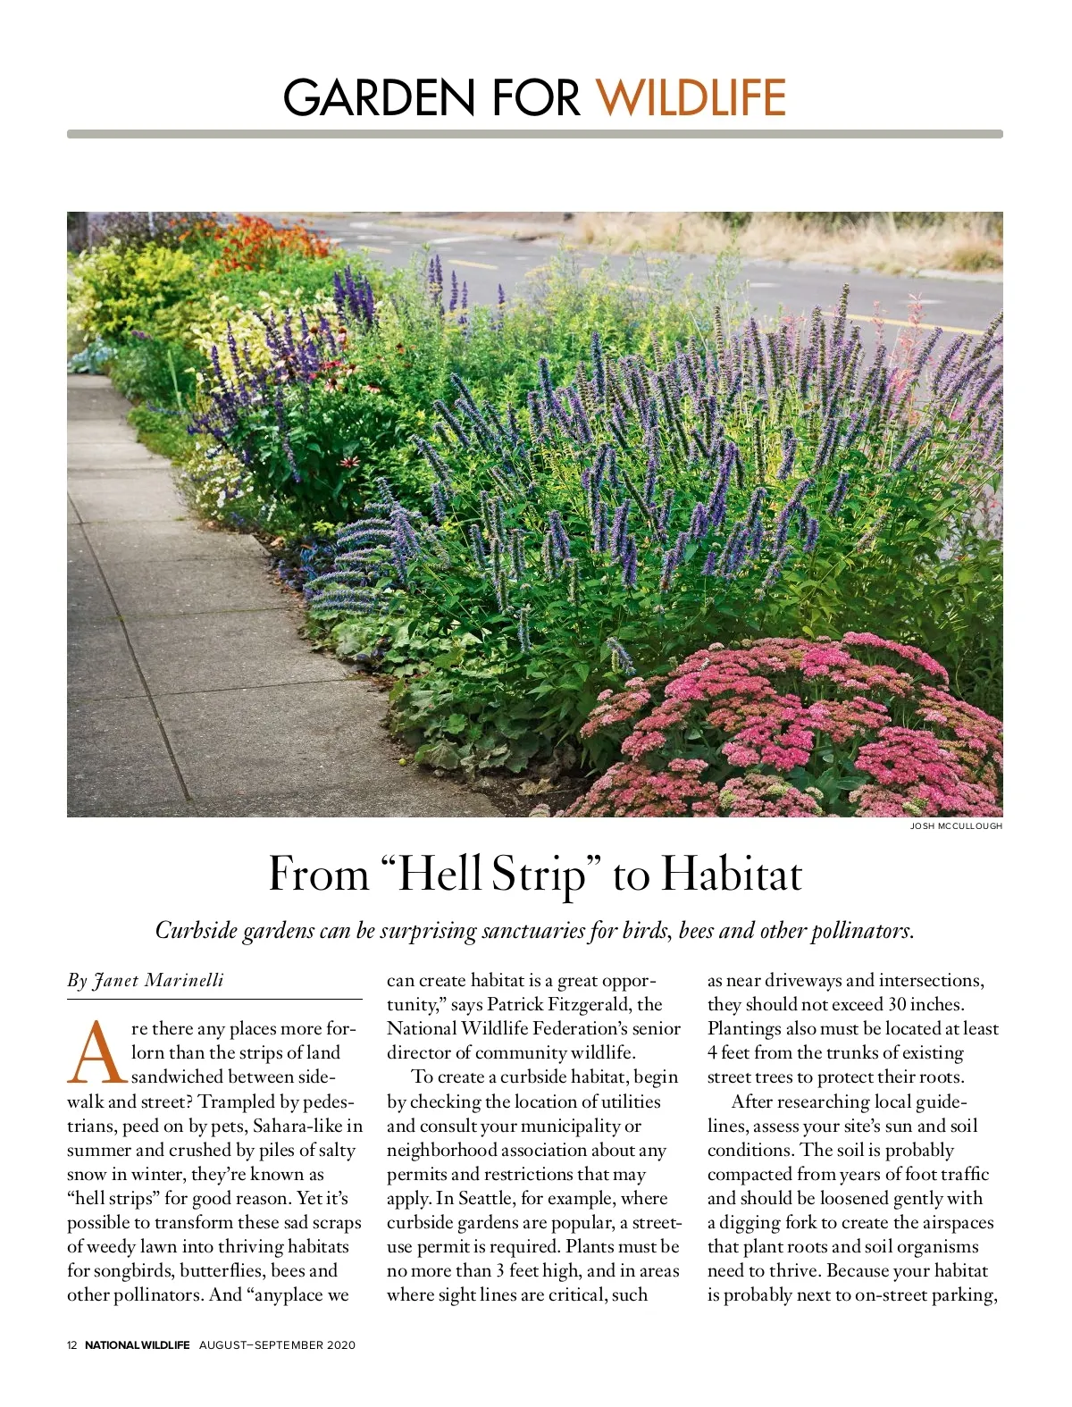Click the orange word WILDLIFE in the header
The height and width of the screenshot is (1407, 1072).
point(691,97)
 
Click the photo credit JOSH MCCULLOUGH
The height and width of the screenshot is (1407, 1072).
point(956,826)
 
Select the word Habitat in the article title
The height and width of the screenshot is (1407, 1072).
point(731,875)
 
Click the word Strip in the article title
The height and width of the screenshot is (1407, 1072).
point(537,875)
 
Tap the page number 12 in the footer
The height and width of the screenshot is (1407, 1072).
point(72,1345)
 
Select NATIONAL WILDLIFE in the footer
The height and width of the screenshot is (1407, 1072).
point(137,1345)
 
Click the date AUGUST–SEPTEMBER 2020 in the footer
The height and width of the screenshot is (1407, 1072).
point(277,1345)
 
